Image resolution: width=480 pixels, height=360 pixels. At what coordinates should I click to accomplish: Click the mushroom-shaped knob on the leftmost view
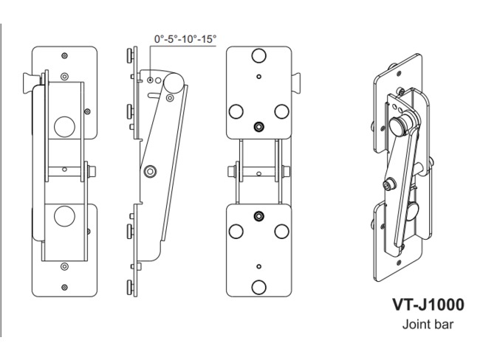(x=30, y=84)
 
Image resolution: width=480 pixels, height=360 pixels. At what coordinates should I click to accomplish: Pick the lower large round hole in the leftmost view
(x=64, y=216)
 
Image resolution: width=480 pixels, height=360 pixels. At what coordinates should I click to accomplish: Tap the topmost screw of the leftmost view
(x=64, y=55)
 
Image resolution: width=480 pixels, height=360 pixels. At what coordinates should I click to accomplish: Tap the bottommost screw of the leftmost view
(x=64, y=286)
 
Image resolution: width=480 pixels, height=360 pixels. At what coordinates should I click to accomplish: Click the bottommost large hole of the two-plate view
(x=258, y=286)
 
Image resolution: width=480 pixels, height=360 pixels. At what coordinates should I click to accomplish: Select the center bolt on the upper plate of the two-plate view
(x=258, y=127)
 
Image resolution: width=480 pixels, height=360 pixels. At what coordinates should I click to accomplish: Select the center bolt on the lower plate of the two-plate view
(x=258, y=215)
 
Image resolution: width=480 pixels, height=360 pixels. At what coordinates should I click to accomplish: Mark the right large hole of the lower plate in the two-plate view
(x=281, y=231)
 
